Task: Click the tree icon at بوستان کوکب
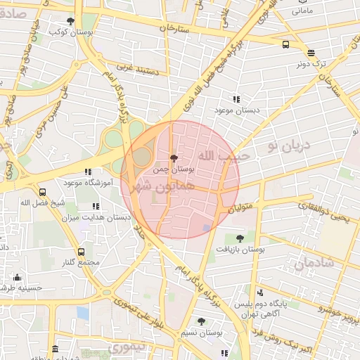pyautogui.click(x=70, y=22)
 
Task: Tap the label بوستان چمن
pyautogui.click(x=173, y=170)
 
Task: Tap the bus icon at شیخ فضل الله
pyautogui.click(x=43, y=192)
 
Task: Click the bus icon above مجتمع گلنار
pyautogui.click(x=81, y=251)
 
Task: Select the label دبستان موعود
pyautogui.click(x=236, y=110)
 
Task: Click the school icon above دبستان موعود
pyautogui.click(x=236, y=99)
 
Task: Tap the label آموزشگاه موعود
pyautogui.click(x=89, y=183)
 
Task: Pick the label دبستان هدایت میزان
pyautogui.click(x=96, y=217)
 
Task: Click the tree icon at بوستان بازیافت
pyautogui.click(x=240, y=239)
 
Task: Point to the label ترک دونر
pyautogui.click(x=310, y=64)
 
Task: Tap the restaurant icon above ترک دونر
pyautogui.click(x=311, y=53)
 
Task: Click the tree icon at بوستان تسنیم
pyautogui.click(x=201, y=321)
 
